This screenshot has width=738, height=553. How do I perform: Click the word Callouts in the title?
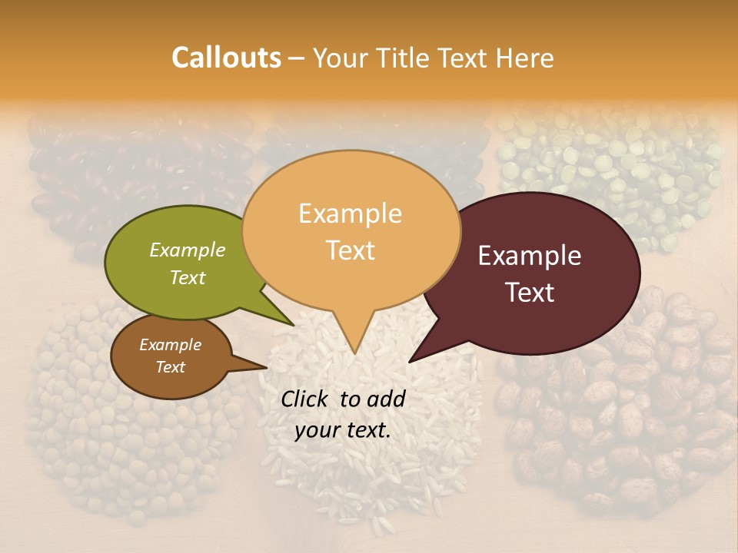tap(226, 58)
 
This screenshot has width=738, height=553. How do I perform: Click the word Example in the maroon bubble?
tap(530, 256)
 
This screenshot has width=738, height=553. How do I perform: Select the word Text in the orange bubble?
tap(351, 250)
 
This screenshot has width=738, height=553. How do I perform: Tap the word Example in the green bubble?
tap(188, 250)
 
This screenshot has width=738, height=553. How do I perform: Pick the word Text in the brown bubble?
tap(170, 367)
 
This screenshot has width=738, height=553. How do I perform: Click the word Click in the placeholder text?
tap(306, 399)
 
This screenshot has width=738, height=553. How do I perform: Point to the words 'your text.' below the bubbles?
tap(342, 430)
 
